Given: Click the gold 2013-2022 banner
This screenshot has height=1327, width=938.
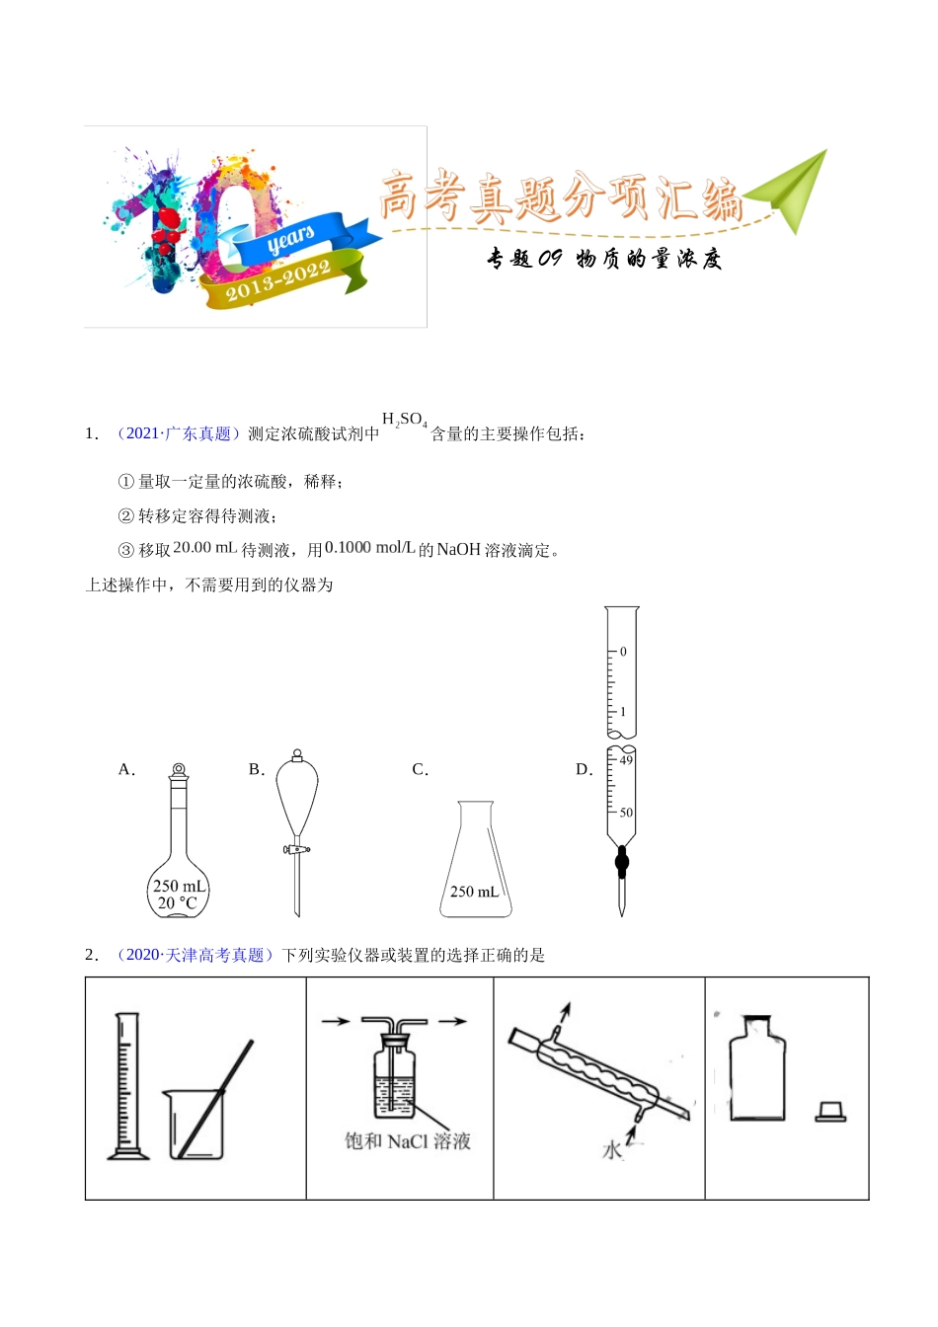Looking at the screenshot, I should point(279,281).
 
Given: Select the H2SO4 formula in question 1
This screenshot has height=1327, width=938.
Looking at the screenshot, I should point(404,421).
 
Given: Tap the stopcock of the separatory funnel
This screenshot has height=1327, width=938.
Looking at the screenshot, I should point(295,848).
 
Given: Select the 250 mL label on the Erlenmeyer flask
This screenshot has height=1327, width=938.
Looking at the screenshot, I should point(475,892).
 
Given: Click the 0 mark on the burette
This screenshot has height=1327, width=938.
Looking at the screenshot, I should point(623,652).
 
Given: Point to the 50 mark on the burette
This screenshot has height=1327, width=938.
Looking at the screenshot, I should point(626,813).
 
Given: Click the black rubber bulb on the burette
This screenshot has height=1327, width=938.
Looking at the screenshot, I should point(621,863).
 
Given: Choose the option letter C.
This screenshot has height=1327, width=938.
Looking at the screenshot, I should point(420,770).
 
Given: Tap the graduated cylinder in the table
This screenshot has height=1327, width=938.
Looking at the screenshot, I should point(127,1086).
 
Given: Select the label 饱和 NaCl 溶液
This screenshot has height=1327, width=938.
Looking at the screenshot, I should point(407,1141).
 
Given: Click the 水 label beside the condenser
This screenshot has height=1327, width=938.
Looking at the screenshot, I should point(612,1150).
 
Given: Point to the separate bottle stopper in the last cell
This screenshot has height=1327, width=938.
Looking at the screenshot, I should point(830,1113).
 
